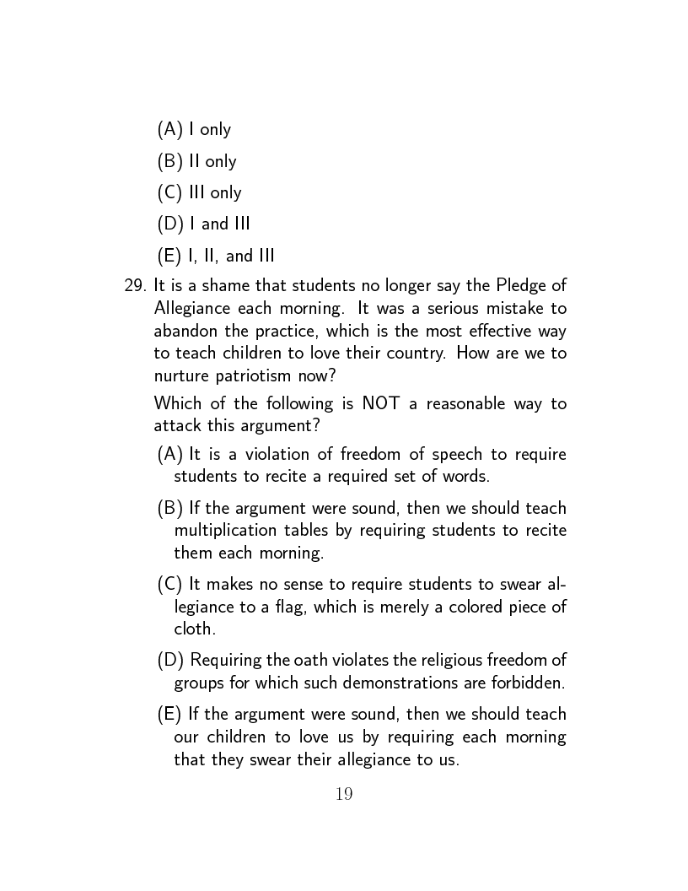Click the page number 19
coord(344,794)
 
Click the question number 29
coord(136,285)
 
